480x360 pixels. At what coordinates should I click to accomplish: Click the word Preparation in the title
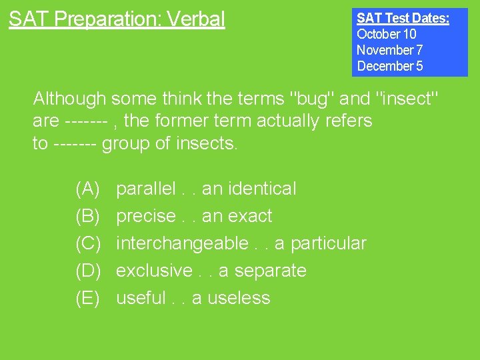107,19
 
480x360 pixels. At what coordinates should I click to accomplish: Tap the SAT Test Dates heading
403,18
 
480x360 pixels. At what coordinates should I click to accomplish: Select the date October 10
386,34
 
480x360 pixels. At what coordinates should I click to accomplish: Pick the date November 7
389,50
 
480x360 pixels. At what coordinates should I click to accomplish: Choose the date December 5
389,66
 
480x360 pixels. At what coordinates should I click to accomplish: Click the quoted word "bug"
309,99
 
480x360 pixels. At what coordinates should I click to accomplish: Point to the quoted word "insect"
407,99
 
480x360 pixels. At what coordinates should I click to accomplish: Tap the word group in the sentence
125,143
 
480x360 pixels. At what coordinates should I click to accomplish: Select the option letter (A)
88,189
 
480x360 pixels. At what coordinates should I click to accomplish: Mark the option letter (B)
88,216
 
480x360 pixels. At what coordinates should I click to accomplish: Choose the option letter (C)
88,243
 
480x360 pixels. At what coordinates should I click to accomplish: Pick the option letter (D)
88,271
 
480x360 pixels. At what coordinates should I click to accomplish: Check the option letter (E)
88,298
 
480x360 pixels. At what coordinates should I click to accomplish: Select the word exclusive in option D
154,271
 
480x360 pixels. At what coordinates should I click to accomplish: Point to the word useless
239,298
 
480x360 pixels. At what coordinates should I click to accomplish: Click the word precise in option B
145,216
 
